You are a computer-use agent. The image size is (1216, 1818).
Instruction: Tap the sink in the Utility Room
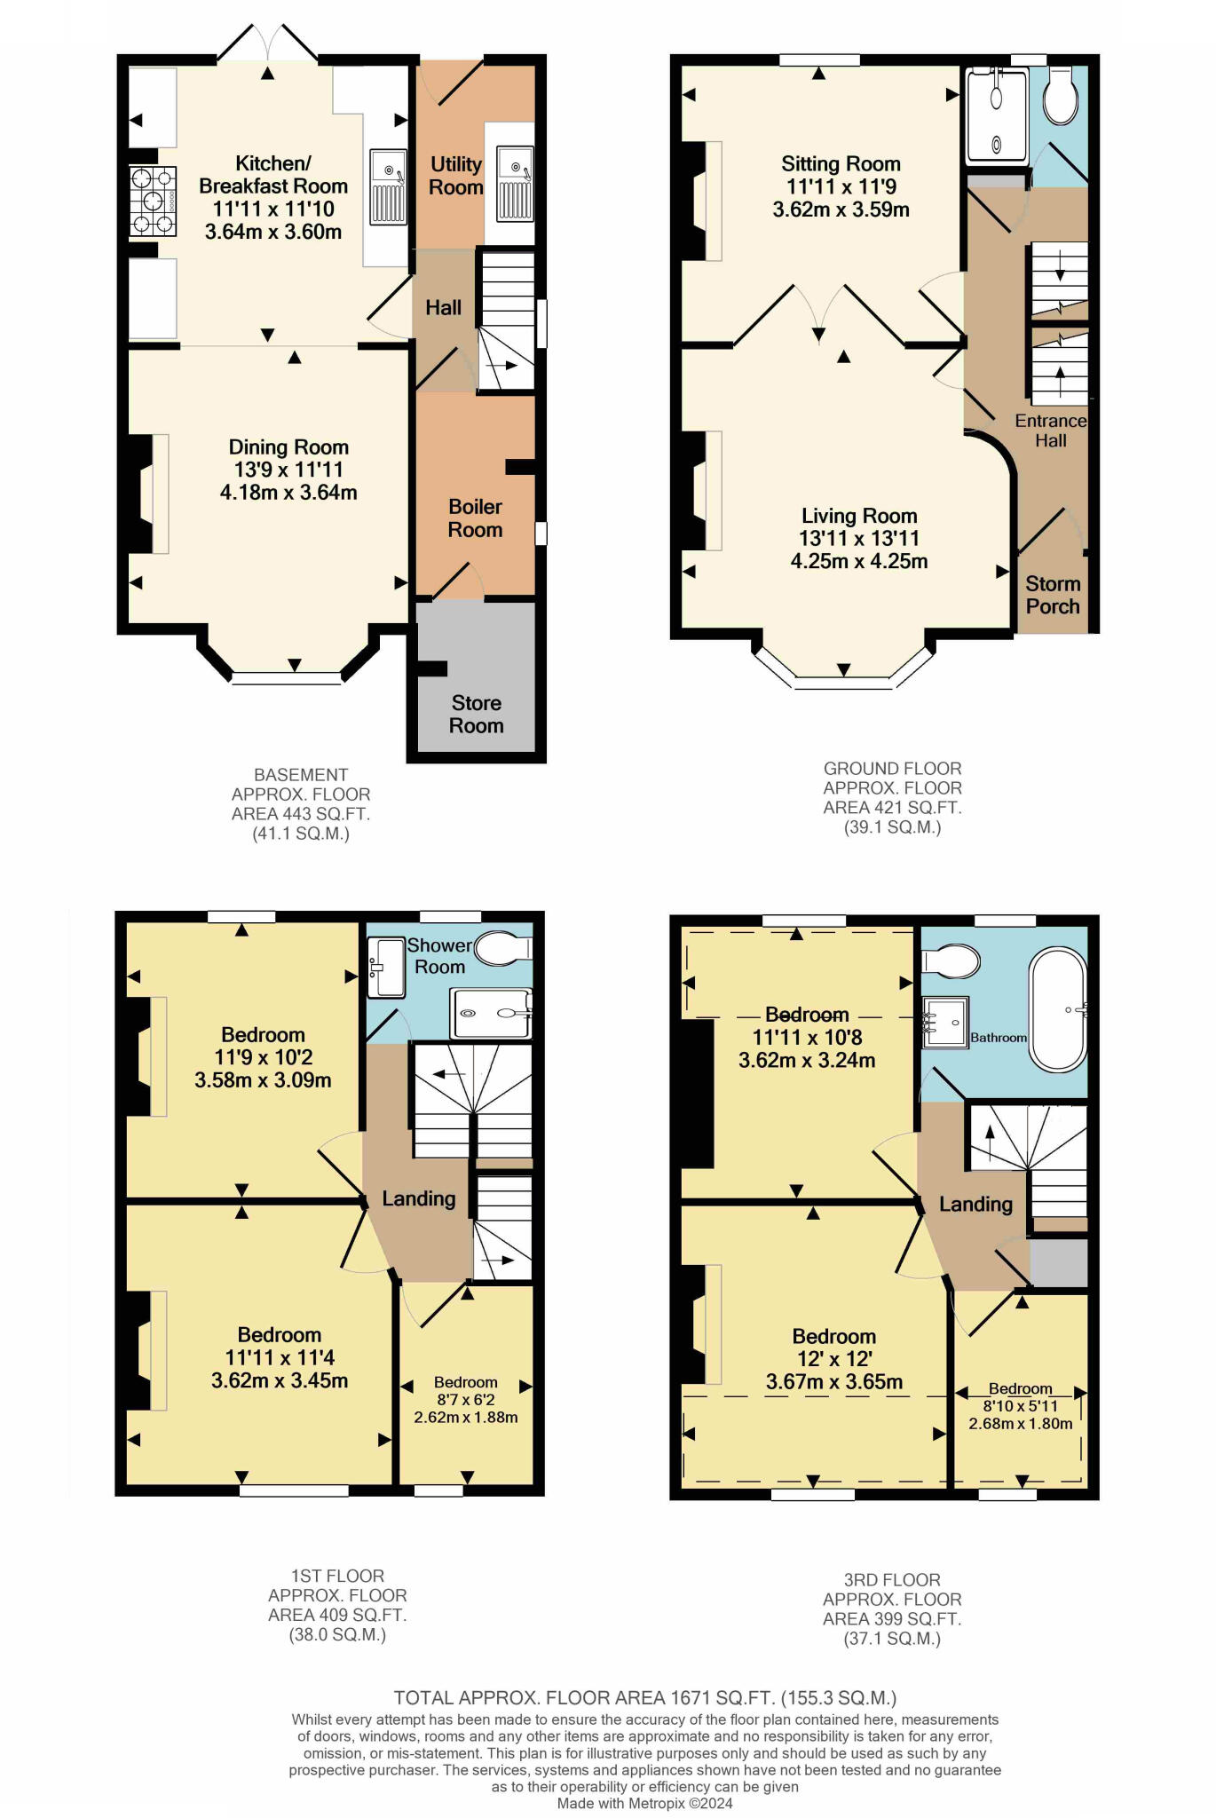tap(515, 184)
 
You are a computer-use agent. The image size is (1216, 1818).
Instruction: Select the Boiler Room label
tap(475, 518)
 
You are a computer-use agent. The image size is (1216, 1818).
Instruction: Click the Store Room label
tap(476, 715)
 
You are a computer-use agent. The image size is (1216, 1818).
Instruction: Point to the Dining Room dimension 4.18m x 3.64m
tap(288, 493)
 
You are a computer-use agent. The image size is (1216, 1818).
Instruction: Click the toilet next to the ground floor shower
tap(1061, 96)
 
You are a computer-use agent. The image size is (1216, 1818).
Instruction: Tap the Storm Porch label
tap(1053, 596)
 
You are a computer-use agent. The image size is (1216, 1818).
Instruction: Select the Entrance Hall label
tap(1051, 431)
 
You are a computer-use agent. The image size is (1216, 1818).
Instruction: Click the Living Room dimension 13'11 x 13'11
tap(859, 539)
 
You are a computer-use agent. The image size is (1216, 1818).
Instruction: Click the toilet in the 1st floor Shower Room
tap(502, 948)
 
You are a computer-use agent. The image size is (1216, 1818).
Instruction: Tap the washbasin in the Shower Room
tap(386, 968)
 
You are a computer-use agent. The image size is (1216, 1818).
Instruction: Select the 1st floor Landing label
tap(419, 1198)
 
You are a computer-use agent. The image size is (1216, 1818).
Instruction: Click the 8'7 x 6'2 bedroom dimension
tap(465, 1400)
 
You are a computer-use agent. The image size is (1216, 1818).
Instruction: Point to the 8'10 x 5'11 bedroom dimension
tap(1020, 1406)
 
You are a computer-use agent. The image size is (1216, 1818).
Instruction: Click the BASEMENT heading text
tap(301, 775)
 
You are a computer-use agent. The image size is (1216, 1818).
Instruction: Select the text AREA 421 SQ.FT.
tap(892, 808)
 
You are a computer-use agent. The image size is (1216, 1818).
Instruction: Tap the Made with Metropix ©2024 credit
tap(644, 1803)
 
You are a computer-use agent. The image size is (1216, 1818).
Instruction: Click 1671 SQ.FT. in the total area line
tap(722, 1698)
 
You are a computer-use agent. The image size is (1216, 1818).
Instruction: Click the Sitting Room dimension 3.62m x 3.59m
tap(841, 210)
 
